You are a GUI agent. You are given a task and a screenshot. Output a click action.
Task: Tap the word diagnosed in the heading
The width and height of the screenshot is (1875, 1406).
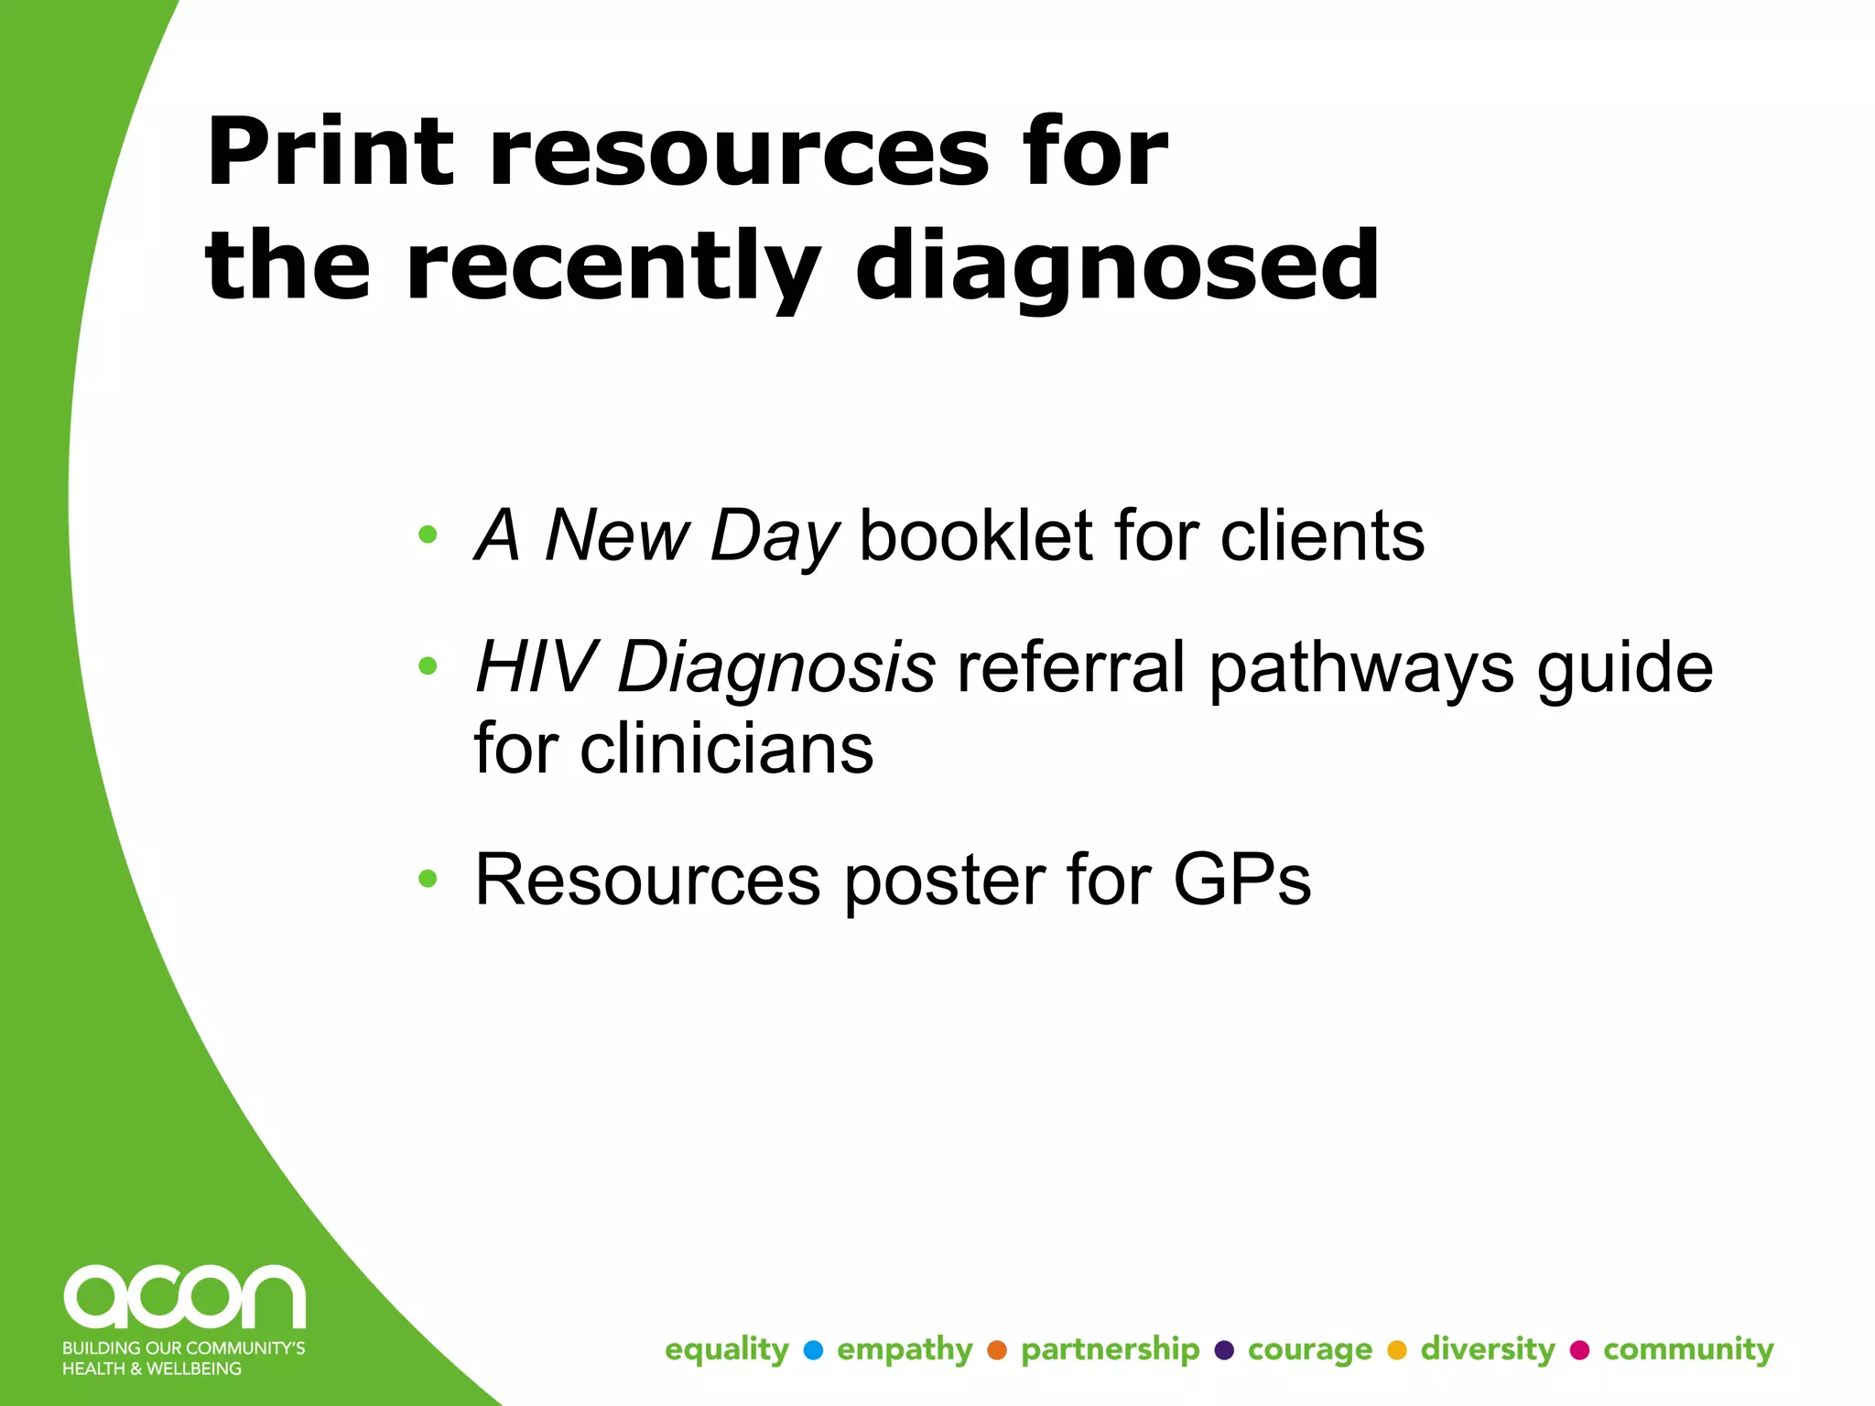[1117, 267]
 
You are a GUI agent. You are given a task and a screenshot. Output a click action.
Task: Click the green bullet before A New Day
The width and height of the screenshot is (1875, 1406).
[428, 534]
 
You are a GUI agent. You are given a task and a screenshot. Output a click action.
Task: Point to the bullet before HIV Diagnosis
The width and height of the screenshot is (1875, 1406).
[428, 665]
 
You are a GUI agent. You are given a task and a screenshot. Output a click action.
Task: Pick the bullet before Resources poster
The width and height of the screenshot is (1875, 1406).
[428, 879]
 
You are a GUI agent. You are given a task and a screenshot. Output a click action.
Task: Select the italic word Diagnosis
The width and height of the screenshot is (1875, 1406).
[776, 667]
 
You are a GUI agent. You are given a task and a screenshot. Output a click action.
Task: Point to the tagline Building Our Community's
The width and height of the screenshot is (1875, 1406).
[183, 1348]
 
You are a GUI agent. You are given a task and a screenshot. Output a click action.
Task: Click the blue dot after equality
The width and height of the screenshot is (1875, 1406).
[812, 1350]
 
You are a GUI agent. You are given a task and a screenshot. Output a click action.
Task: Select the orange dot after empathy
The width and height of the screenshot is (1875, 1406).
[997, 1350]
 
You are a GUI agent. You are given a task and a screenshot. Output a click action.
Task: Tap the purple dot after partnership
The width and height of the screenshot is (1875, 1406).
[1224, 1350]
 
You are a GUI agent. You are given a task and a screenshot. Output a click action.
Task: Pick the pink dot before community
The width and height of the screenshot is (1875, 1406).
[1579, 1350]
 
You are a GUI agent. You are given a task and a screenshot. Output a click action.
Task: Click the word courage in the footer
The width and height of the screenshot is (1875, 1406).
[1310, 1350]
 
